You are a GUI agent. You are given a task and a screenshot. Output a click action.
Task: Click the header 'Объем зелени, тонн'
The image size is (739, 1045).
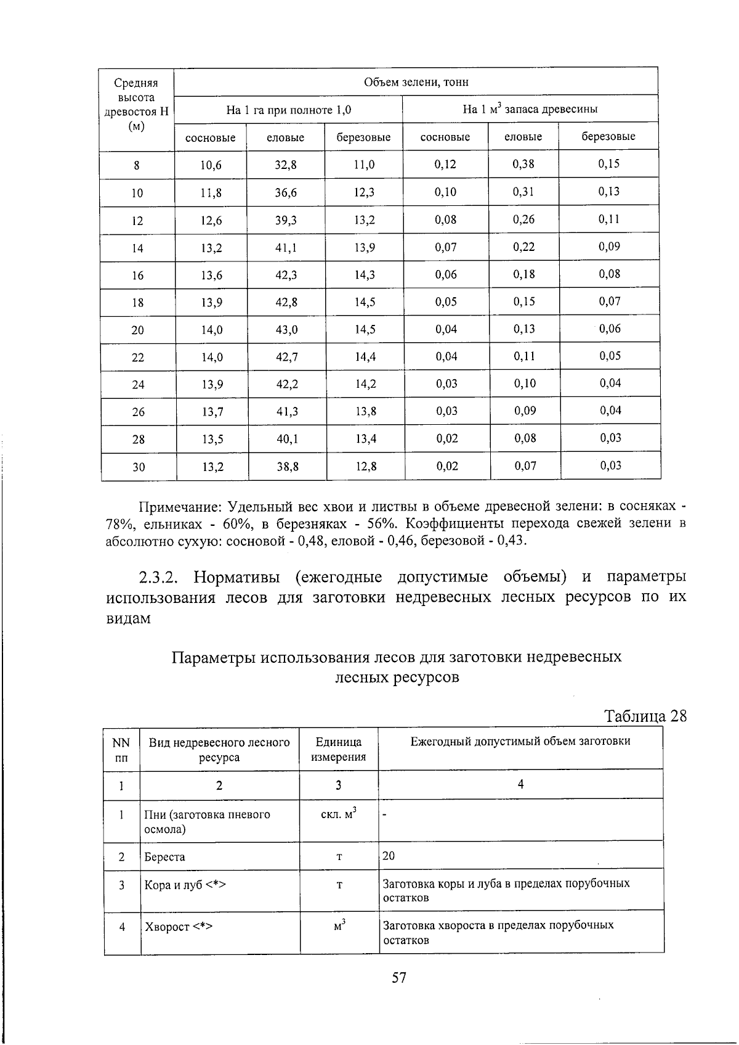pyautogui.click(x=416, y=82)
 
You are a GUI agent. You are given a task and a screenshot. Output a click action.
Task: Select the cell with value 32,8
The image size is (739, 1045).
pyautogui.click(x=286, y=165)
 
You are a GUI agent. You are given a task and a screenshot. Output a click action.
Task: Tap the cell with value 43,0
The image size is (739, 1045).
pyautogui.click(x=286, y=330)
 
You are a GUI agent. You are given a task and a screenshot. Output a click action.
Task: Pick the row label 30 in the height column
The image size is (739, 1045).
pyautogui.click(x=139, y=467)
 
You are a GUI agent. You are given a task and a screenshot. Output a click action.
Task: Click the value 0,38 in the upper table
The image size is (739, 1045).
pyautogui.click(x=523, y=164)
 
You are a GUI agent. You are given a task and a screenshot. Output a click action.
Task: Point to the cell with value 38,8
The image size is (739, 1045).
pyautogui.click(x=288, y=467)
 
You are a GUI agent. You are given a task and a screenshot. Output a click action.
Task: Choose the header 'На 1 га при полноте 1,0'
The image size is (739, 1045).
pyautogui.click(x=288, y=110)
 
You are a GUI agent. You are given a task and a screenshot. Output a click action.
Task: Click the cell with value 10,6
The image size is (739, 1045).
pyautogui.click(x=211, y=165)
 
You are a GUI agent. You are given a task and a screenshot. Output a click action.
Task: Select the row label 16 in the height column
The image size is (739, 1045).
pyautogui.click(x=137, y=276)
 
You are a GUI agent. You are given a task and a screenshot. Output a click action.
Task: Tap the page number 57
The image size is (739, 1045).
pyautogui.click(x=399, y=978)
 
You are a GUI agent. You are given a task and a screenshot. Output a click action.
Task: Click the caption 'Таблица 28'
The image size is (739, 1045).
pyautogui.click(x=645, y=716)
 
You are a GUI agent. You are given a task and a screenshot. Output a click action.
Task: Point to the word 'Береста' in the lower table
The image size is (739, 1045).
pyautogui.click(x=164, y=857)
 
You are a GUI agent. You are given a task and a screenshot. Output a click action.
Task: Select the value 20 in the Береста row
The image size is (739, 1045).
pyautogui.click(x=389, y=856)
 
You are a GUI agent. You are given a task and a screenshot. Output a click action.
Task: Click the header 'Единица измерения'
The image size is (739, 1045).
pyautogui.click(x=339, y=749)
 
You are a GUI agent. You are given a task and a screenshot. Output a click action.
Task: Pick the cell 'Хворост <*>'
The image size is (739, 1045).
pyautogui.click(x=178, y=927)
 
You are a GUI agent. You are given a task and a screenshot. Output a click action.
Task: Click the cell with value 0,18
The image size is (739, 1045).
pyautogui.click(x=524, y=274)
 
